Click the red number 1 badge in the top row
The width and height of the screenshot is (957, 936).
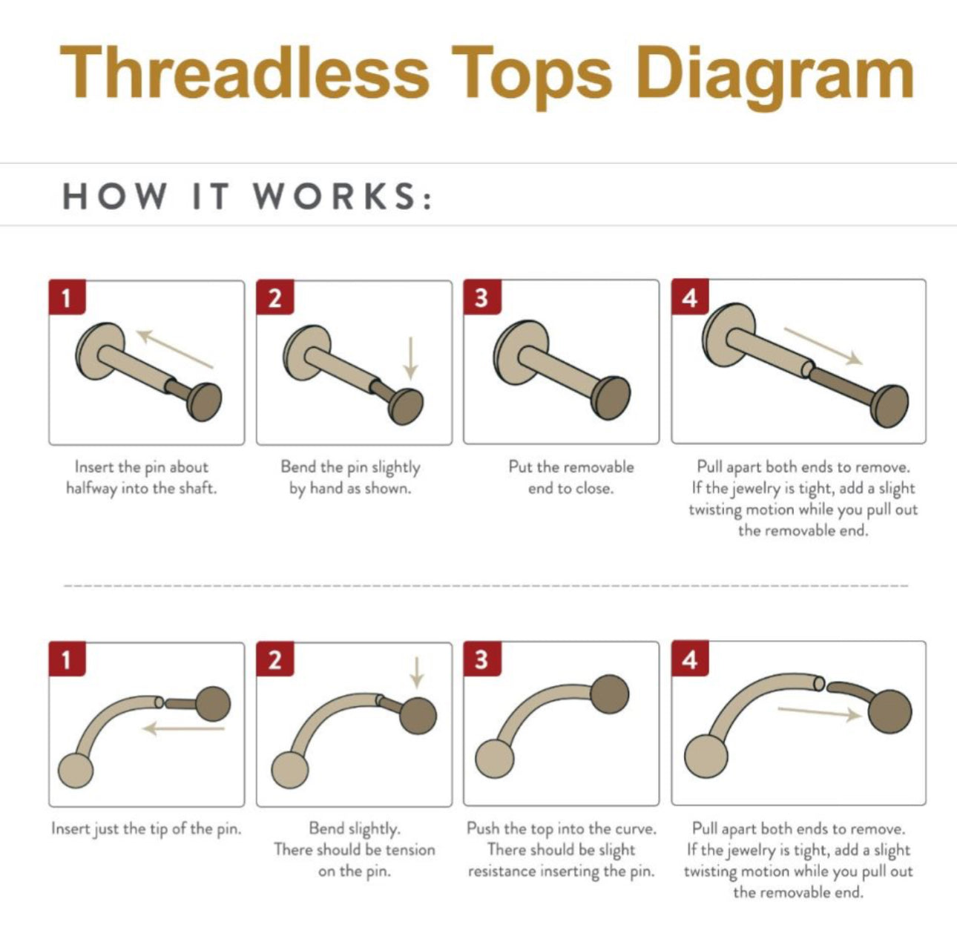67,297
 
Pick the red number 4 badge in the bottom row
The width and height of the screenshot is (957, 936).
690,659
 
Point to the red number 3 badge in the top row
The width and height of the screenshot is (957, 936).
482,297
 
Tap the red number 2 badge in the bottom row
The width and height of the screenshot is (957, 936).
275,659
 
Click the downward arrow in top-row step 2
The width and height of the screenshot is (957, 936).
411,358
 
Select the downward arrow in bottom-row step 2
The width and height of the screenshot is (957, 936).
417,673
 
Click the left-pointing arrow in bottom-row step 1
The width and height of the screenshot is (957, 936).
183,728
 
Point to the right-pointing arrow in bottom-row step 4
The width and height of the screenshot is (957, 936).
820,713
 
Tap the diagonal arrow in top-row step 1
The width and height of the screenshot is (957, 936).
174,349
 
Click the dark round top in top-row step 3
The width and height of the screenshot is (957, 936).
611,398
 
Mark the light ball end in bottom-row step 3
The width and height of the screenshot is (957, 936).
494,759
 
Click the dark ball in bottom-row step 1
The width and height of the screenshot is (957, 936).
213,703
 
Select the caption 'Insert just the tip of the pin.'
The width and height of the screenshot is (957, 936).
147,829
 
